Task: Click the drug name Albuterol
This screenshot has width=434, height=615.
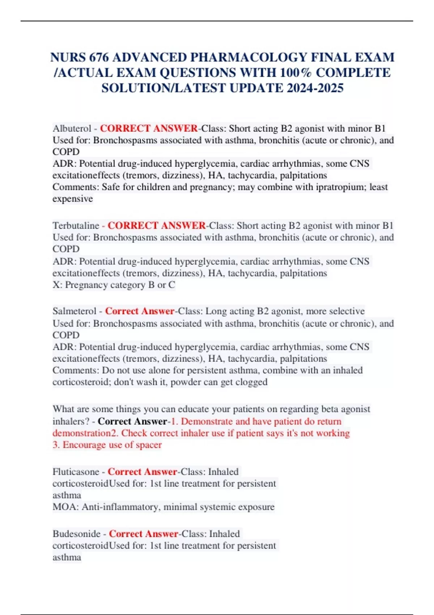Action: (72, 128)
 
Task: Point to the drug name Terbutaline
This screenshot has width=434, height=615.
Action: (76, 226)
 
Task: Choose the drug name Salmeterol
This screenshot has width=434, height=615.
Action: (75, 311)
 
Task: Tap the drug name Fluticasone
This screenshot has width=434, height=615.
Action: (76, 472)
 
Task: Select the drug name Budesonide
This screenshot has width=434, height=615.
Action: (76, 534)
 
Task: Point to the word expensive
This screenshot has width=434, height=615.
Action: (73, 199)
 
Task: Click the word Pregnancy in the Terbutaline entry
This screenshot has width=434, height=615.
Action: (85, 285)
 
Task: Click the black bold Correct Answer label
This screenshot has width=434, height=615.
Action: (132, 421)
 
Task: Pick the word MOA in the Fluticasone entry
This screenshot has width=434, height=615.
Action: (65, 507)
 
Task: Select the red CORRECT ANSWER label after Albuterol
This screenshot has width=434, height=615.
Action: (149, 128)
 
